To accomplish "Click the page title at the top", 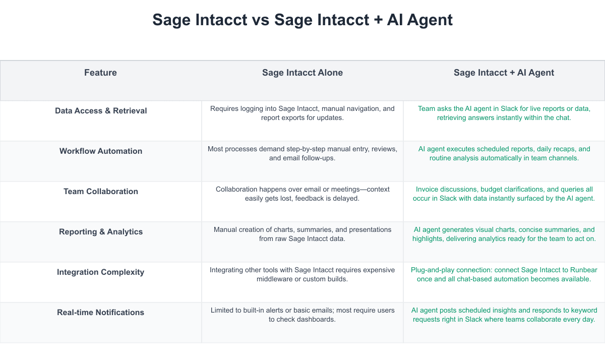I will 302,20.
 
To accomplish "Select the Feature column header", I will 100,73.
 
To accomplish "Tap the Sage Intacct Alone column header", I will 302,73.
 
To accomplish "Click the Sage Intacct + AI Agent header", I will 504,73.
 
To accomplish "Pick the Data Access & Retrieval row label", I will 101,111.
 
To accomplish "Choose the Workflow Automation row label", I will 101,151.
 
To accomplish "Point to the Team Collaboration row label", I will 101,192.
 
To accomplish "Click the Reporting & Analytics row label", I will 101,232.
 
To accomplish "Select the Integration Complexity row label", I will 101,272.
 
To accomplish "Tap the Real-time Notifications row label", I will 101,313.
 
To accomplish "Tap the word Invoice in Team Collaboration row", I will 428,190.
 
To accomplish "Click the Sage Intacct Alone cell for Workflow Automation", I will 302,153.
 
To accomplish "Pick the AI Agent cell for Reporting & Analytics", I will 504,234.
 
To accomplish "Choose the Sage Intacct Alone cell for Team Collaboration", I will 302,194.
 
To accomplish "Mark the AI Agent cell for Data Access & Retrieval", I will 504,113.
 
